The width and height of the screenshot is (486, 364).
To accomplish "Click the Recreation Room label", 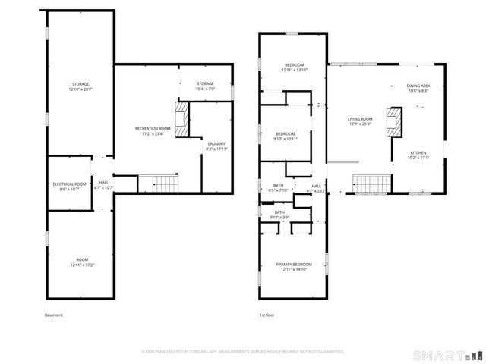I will (150, 129).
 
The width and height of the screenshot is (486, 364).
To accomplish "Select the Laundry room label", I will (216, 143).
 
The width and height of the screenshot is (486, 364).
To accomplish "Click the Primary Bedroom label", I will (296, 264).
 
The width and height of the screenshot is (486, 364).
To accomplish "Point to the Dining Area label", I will (418, 86).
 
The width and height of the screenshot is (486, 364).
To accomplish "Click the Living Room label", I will (360, 119).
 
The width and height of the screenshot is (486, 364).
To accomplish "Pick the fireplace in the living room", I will (394, 121).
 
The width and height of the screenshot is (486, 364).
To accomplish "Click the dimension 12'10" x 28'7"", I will (80, 89).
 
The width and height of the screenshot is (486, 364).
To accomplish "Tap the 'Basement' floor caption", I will (53, 315).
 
